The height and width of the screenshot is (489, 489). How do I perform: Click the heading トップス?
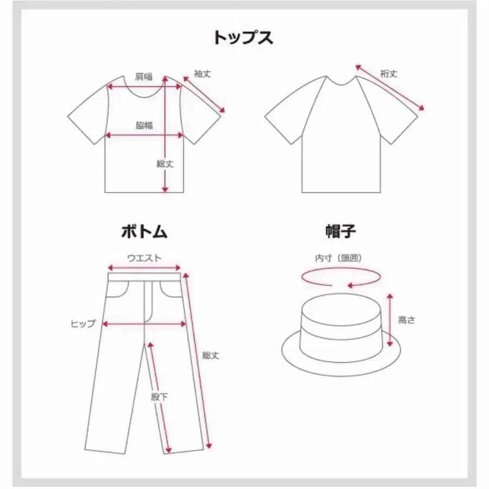243,38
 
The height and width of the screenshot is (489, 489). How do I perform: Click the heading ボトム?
144,231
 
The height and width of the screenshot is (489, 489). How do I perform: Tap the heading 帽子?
341,231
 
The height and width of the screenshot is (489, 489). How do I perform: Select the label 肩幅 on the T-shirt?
144,77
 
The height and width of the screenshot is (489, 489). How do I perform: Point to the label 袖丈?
203,74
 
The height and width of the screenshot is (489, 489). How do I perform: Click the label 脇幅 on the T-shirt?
144,126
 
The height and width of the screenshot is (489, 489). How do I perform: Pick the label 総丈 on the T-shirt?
165,164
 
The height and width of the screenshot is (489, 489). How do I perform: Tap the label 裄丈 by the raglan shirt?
388,74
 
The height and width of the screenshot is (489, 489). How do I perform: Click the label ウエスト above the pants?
145,258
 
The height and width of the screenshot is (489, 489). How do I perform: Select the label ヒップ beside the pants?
83,324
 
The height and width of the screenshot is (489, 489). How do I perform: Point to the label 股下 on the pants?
159,397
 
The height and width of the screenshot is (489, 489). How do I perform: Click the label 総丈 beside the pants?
211,355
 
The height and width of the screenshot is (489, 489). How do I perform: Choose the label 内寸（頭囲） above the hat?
339,258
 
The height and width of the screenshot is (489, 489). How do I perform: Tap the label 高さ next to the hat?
406,320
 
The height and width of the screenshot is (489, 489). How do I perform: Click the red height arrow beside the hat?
390,320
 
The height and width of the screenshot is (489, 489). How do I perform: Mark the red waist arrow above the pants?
145,268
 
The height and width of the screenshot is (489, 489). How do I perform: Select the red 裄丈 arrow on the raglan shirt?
390,87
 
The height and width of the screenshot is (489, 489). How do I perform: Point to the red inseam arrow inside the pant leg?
159,397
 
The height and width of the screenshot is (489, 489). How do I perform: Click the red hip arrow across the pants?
145,324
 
